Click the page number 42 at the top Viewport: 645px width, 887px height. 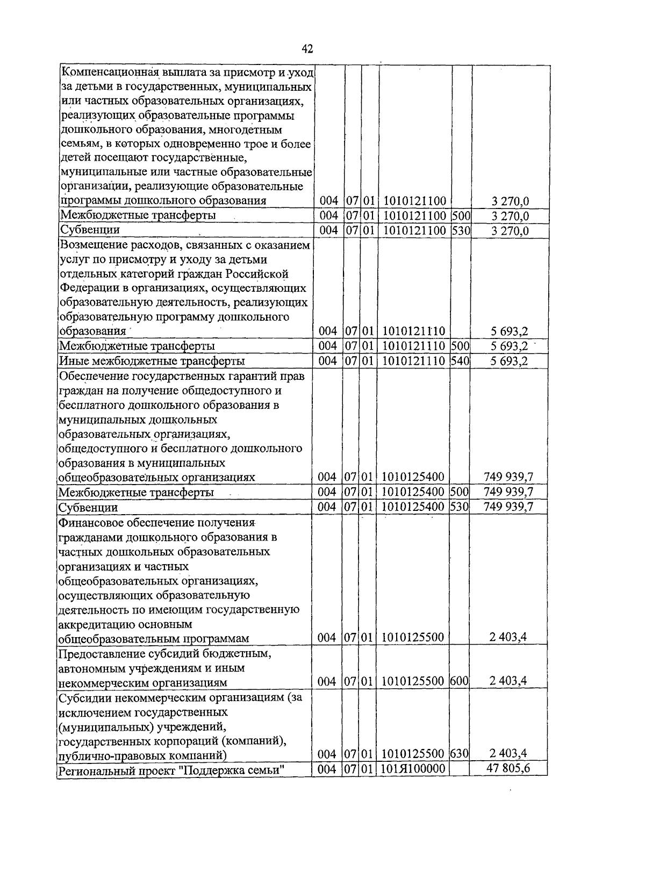coord(307,49)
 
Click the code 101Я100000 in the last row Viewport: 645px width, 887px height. coord(413,769)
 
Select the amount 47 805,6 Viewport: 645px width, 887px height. coord(508,768)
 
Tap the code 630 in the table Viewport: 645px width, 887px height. coord(460,754)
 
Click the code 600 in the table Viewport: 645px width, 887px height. coord(460,681)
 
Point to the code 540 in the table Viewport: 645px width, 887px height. coord(460,360)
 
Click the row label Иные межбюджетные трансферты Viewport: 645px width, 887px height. coord(152,360)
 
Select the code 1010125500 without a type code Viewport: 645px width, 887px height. coord(413,638)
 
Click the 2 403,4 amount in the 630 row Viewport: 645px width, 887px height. coord(508,754)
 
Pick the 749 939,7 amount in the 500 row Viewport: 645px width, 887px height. coord(508,492)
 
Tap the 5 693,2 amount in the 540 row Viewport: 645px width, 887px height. coord(508,360)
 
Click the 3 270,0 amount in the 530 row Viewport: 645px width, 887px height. coord(510,230)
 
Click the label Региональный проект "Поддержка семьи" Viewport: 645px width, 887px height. coord(171,769)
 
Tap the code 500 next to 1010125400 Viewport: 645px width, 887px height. coord(460,492)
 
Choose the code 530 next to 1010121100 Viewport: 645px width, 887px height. coord(461,230)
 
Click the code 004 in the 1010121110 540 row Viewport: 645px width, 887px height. coord(327,360)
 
